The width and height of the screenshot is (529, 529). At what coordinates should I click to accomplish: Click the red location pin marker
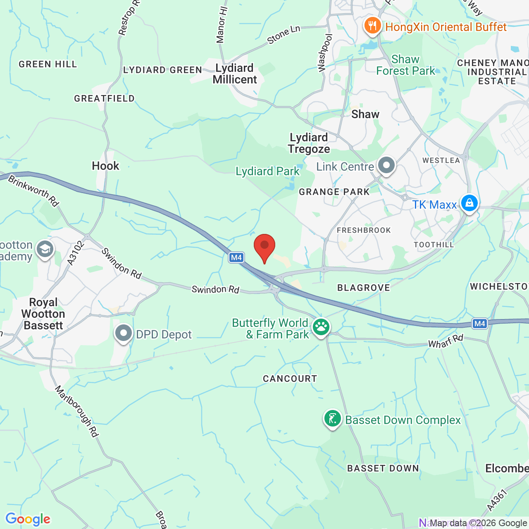[264, 246]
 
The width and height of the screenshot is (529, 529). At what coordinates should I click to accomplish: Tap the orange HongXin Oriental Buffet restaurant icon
[372, 26]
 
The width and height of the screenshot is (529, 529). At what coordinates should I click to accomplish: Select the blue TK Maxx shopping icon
[469, 203]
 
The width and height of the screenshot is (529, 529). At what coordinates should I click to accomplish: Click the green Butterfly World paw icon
[321, 327]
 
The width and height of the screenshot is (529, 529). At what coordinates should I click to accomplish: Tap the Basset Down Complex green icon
[332, 419]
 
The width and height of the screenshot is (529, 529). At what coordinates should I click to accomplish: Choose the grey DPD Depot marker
[123, 333]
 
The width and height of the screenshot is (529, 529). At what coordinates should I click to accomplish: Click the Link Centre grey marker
[386, 165]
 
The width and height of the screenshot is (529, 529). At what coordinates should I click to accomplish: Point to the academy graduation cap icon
[45, 249]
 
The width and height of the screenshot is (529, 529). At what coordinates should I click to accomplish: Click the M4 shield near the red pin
[236, 257]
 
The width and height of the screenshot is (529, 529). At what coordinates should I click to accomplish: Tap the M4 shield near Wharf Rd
[479, 324]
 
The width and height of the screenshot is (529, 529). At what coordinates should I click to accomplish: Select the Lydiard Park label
[267, 171]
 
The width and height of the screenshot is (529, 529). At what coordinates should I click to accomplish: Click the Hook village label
[105, 166]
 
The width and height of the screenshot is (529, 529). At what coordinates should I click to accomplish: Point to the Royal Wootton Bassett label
[43, 314]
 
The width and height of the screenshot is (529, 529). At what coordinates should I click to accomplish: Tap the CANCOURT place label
[290, 379]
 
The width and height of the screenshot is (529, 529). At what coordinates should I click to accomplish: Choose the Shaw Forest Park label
[405, 65]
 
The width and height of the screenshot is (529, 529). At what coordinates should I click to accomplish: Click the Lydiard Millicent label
[235, 74]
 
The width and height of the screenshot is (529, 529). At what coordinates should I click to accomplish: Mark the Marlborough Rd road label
[77, 411]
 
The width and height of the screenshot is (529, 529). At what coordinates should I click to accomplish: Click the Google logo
[28, 519]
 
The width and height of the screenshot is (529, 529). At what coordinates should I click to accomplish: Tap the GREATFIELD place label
[104, 98]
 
